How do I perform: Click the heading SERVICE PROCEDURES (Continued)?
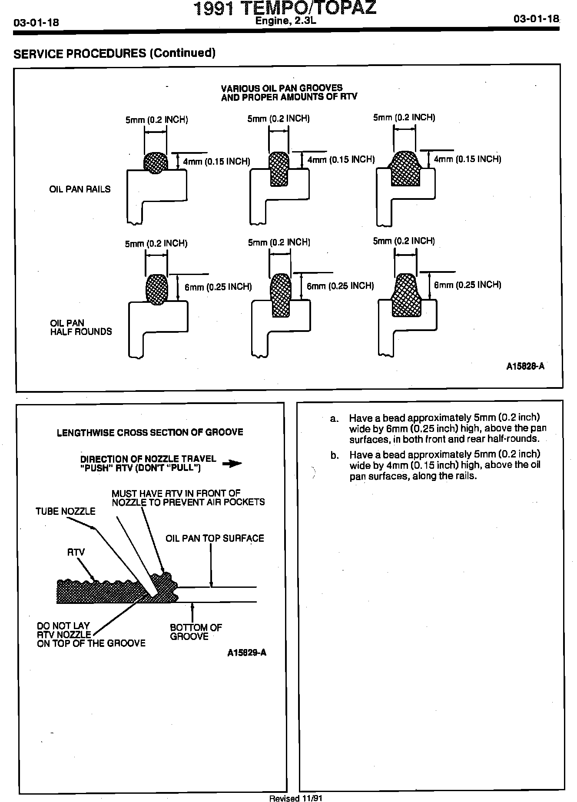(x=114, y=53)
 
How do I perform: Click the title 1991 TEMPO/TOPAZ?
(x=285, y=9)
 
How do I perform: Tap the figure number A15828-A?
(x=525, y=366)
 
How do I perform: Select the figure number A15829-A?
(x=246, y=653)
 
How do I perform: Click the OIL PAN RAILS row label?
(x=80, y=189)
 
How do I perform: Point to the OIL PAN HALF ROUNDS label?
(x=81, y=327)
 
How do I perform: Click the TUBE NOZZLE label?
(x=65, y=511)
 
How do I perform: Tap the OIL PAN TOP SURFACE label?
(x=215, y=538)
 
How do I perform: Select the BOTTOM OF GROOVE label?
(x=196, y=632)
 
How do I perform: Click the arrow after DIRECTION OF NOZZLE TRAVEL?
(x=232, y=464)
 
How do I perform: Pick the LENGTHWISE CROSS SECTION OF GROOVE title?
(x=150, y=432)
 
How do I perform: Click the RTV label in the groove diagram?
(x=76, y=552)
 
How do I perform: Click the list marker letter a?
(x=334, y=418)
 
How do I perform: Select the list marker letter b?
(x=334, y=455)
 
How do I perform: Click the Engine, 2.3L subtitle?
(x=284, y=21)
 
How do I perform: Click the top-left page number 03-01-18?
(x=36, y=23)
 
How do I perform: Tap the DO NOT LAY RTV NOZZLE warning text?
(x=91, y=634)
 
